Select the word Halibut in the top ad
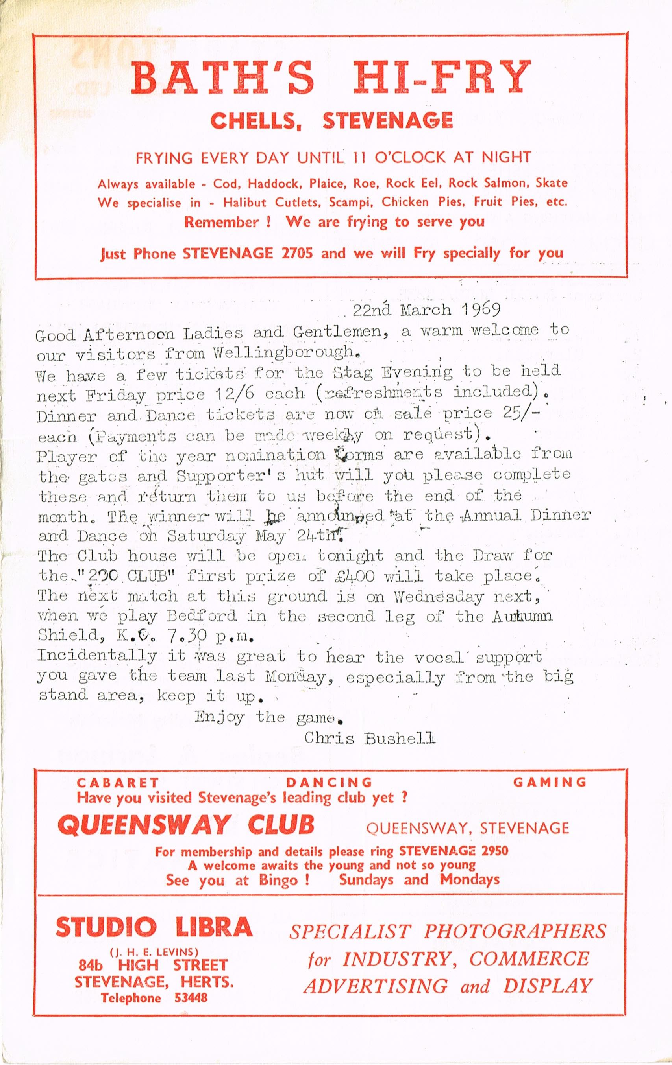246,203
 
